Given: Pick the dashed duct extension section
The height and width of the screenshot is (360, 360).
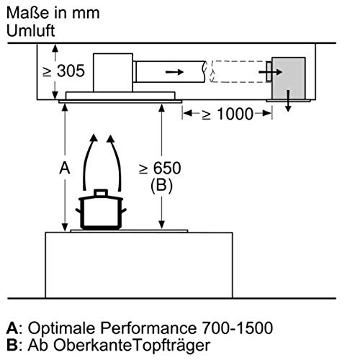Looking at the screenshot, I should coord(238,72).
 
